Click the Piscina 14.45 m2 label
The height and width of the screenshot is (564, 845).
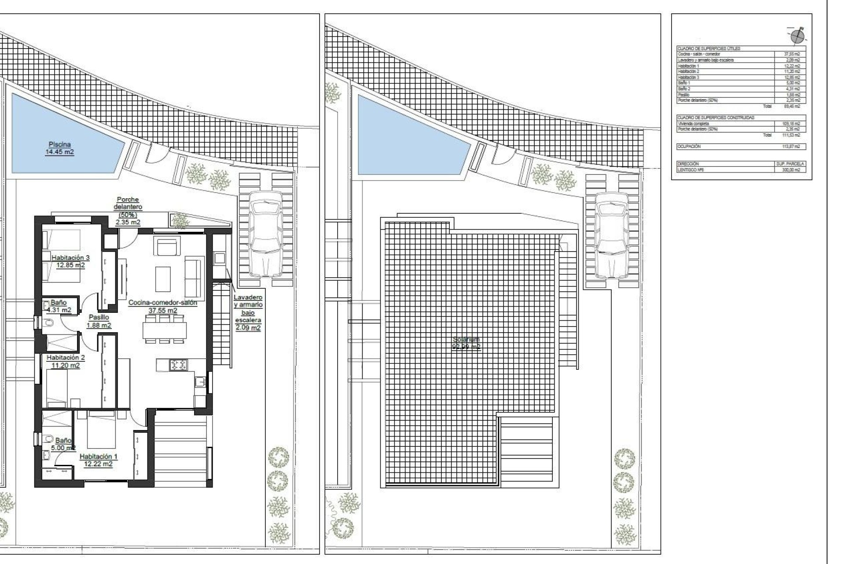(59, 148)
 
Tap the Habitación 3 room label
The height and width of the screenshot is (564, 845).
(70, 261)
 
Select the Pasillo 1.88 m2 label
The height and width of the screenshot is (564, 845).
(99, 321)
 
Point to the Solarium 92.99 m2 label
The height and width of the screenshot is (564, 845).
(466, 343)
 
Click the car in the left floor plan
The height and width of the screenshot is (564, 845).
(265, 234)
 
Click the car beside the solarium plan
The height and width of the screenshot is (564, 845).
(611, 235)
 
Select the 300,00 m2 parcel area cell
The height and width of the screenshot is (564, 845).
(790, 170)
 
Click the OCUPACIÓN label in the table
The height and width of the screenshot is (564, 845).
(689, 146)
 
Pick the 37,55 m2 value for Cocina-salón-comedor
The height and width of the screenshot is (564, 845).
(792, 54)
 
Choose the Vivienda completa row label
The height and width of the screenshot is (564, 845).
(693, 124)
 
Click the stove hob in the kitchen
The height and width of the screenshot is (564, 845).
(179, 364)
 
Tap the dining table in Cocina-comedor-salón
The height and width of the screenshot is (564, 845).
(165, 330)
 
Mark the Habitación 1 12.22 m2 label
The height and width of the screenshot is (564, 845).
(98, 460)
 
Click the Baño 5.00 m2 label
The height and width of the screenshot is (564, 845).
(63, 444)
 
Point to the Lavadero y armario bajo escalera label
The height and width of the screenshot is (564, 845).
(248, 312)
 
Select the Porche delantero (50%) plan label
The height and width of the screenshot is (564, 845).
(128, 211)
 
